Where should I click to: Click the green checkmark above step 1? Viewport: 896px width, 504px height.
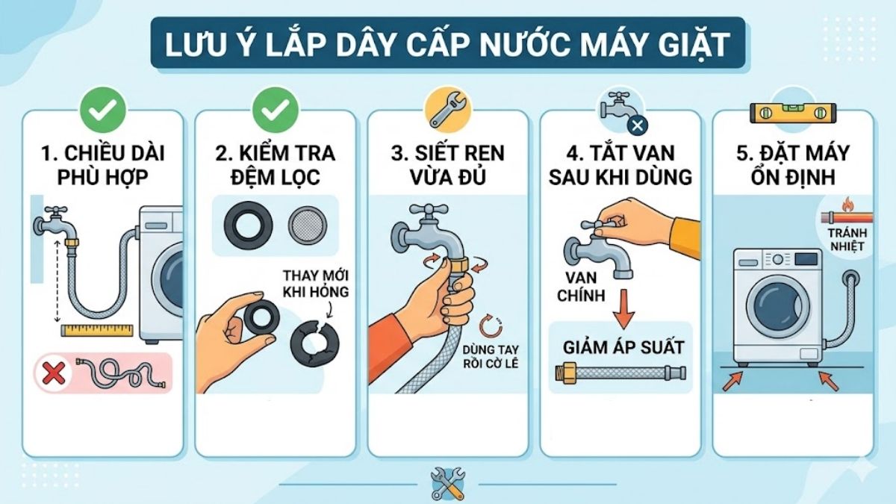click(103, 111)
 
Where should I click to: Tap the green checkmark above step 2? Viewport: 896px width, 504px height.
click(276, 111)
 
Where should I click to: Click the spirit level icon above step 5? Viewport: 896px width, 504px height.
click(793, 113)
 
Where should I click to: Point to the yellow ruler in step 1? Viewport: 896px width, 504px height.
click(97, 329)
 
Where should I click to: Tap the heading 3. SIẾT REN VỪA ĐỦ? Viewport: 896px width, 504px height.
click(448, 165)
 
